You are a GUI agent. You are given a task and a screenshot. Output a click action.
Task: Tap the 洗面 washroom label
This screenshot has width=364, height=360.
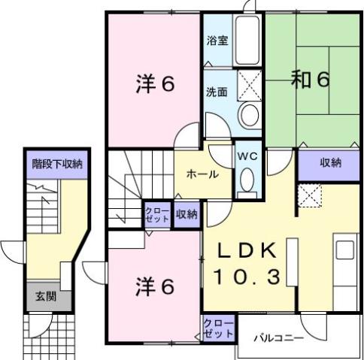coord(217,92)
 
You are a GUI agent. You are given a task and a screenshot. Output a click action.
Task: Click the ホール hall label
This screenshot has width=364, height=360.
coord(202,174)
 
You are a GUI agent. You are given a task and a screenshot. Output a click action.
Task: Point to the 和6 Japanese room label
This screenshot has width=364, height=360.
coord(311,80)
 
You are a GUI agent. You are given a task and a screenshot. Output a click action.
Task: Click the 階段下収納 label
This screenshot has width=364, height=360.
coord(57,163)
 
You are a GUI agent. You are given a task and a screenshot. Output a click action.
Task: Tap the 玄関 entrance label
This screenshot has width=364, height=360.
coord(45,296)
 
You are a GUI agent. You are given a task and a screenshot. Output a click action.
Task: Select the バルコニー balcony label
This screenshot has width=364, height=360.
coord(278,338)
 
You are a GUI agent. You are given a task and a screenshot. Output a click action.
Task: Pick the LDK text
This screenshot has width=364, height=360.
coord(248,250)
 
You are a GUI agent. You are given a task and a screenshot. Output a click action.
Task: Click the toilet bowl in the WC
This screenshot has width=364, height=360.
coord(247,181)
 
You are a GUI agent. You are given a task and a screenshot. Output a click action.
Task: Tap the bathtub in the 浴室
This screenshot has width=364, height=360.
coord(248,41)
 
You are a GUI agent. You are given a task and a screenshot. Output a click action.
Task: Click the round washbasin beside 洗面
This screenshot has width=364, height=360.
coord(248,115)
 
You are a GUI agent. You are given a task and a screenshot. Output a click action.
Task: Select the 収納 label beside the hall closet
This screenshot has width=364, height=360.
coord(187,213)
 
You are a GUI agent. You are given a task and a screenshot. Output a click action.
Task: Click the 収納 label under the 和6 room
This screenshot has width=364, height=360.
coord(329,162)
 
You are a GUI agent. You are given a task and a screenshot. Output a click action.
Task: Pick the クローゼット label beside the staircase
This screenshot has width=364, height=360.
coord(158,213)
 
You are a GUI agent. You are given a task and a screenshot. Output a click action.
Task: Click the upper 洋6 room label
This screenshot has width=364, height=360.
coord(156,83)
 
